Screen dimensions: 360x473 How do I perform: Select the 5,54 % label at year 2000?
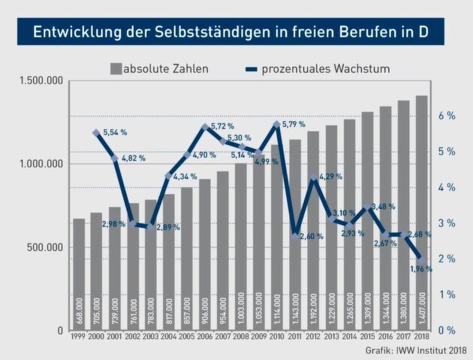tap(114, 132)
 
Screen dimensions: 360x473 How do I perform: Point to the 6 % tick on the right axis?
tap(447, 116)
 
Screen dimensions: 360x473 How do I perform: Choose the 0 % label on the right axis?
tap(447, 330)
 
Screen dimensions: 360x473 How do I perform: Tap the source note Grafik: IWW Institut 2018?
tap(416, 351)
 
